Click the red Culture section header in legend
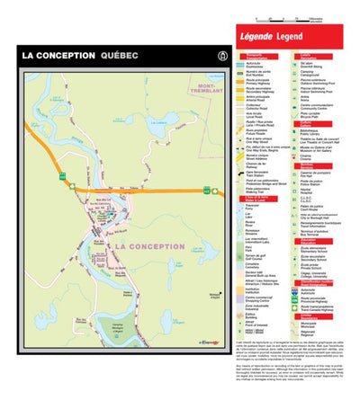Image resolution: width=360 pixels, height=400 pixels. (x=310, y=123)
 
